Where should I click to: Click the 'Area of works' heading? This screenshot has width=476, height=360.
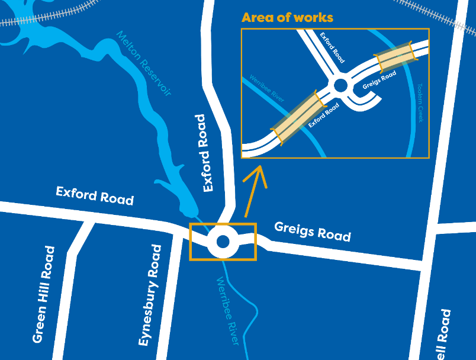pyautogui.click(x=287, y=17)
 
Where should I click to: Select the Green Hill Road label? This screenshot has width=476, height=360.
pyautogui.click(x=44, y=294)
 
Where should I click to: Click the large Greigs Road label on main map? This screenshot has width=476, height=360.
pyautogui.click(x=313, y=231)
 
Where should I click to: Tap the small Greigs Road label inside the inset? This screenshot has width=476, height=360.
pyautogui.click(x=379, y=81)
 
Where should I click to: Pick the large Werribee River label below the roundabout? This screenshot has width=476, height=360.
pyautogui.click(x=228, y=310)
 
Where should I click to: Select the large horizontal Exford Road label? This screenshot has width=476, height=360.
pyautogui.click(x=95, y=195)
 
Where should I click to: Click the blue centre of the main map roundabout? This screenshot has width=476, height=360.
pyautogui.click(x=223, y=242)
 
